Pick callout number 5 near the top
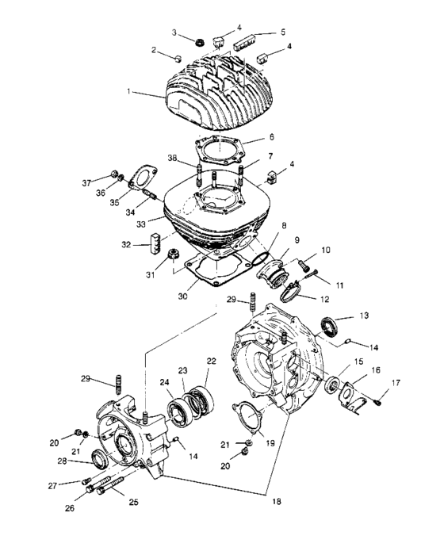(281, 33)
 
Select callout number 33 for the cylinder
(139, 224)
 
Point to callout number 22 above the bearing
(211, 362)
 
